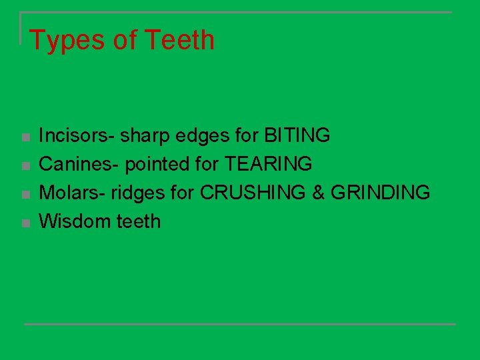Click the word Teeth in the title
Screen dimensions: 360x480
click(x=179, y=39)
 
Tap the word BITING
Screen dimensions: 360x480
click(x=297, y=136)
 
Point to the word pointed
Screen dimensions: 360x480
click(x=155, y=164)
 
